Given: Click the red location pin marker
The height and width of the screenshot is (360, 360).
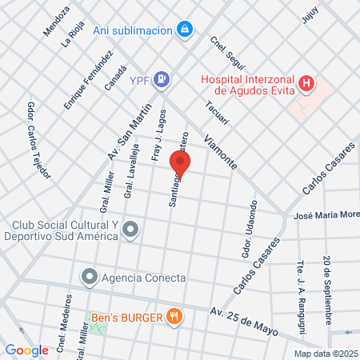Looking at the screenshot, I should [x=181, y=164].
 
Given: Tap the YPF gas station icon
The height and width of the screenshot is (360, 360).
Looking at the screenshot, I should [x=162, y=78].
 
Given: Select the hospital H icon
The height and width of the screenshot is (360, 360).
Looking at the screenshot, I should [x=306, y=83].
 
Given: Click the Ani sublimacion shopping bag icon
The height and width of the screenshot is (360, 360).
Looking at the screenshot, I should [x=186, y=30].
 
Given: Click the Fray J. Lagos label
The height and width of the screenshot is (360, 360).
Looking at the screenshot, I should [x=157, y=136].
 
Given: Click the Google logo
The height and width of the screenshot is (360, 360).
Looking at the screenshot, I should [x=27, y=350].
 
